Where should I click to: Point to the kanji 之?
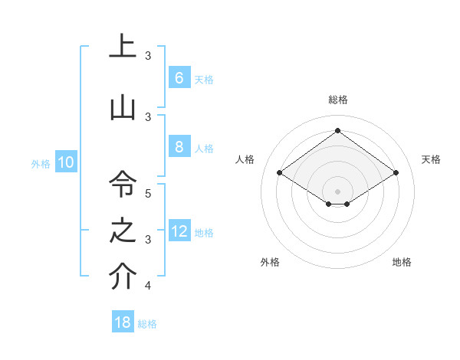click(x=122, y=231)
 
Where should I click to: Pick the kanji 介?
click(x=122, y=277)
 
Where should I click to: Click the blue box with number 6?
click(x=179, y=78)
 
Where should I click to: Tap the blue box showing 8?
click(x=179, y=147)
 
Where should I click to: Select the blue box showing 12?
click(x=179, y=231)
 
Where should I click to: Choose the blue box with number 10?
click(x=65, y=162)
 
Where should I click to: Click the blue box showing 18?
click(x=123, y=322)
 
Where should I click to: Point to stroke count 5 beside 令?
click(x=148, y=193)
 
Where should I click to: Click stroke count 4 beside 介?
click(x=148, y=286)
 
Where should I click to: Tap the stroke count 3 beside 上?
click(x=148, y=55)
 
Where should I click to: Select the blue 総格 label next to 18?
click(x=147, y=324)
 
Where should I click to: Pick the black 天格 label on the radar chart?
click(x=431, y=159)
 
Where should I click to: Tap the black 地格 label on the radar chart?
click(x=402, y=262)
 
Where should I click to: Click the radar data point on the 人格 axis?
click(x=280, y=173)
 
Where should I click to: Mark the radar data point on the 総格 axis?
click(x=337, y=130)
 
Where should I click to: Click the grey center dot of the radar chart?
click(x=337, y=191)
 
